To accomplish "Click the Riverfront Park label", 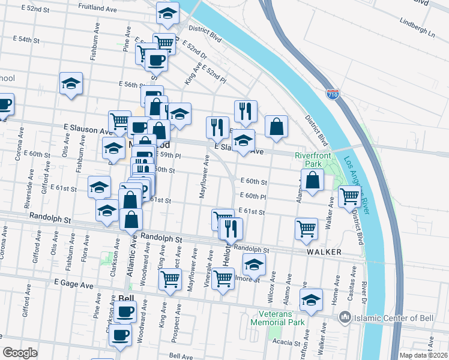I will click(x=309, y=159).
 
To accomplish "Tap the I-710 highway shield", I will click(x=333, y=94).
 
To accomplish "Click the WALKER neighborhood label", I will click(x=325, y=252).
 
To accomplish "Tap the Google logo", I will click(x=20, y=353).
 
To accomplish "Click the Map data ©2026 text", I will click(x=424, y=355).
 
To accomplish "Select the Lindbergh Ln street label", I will click(x=418, y=28).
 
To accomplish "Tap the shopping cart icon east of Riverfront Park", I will click(x=349, y=196).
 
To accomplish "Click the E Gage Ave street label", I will click(x=74, y=281).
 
